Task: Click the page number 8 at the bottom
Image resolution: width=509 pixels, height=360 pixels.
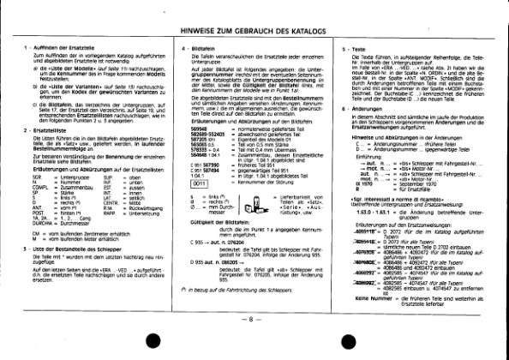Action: (254, 343)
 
